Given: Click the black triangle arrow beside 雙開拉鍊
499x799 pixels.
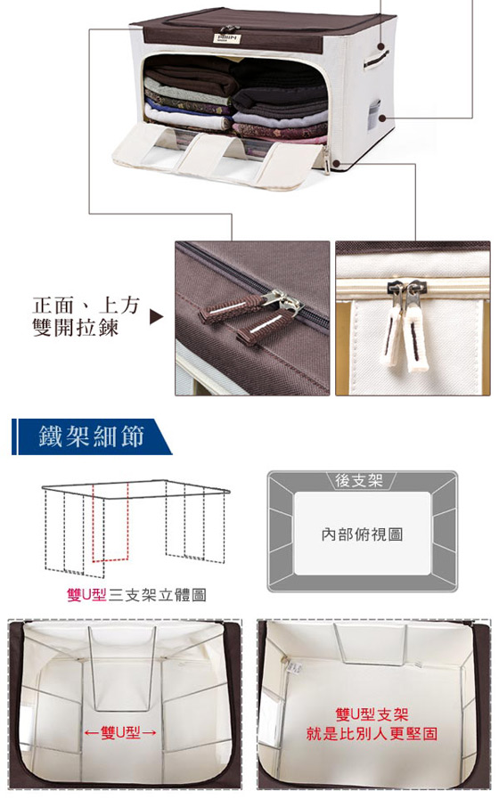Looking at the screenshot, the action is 157,317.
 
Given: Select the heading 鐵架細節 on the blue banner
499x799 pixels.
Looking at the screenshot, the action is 92,436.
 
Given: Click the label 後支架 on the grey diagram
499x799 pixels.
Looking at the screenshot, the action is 359,480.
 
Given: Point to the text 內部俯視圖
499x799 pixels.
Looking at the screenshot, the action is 362,534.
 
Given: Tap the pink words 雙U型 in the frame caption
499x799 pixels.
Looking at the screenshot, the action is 86,595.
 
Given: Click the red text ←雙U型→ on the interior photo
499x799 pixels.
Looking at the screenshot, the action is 120,733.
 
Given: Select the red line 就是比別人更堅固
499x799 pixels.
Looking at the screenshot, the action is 372,734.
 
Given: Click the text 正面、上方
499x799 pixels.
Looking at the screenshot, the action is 86,305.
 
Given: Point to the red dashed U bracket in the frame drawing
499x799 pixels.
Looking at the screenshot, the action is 110,522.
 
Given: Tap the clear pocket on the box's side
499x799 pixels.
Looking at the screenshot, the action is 374,113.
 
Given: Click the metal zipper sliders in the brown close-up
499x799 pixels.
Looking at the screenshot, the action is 284,301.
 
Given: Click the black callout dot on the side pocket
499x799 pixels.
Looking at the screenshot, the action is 382,118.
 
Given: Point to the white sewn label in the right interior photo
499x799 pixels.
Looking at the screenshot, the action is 295,666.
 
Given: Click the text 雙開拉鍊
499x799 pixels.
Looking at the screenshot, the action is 76,327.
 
